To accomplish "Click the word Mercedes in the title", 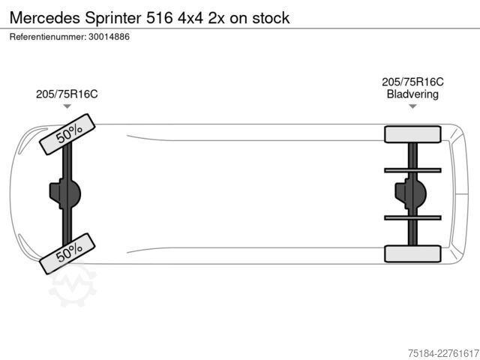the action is [45, 18].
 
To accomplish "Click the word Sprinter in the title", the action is [113, 18].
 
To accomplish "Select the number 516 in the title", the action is [160, 18].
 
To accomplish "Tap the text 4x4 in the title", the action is [190, 18].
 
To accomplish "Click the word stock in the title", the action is [271, 18].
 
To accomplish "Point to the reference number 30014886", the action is [109, 37].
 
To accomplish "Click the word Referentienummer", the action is [48, 37].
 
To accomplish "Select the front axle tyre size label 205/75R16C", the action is [67, 94].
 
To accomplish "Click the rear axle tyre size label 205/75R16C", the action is [412, 82].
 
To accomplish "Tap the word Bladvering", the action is [412, 94].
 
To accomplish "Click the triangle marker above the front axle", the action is [67, 106].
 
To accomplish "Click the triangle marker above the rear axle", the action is [412, 106].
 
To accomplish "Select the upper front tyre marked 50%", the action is [67, 134].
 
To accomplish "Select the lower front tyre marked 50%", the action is [67, 253].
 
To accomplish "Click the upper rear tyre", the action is [412, 134].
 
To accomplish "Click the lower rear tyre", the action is [412, 253].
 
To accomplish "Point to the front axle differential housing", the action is [65, 193].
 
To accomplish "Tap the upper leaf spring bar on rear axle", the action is [412, 170].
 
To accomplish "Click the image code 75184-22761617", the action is [443, 353].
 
